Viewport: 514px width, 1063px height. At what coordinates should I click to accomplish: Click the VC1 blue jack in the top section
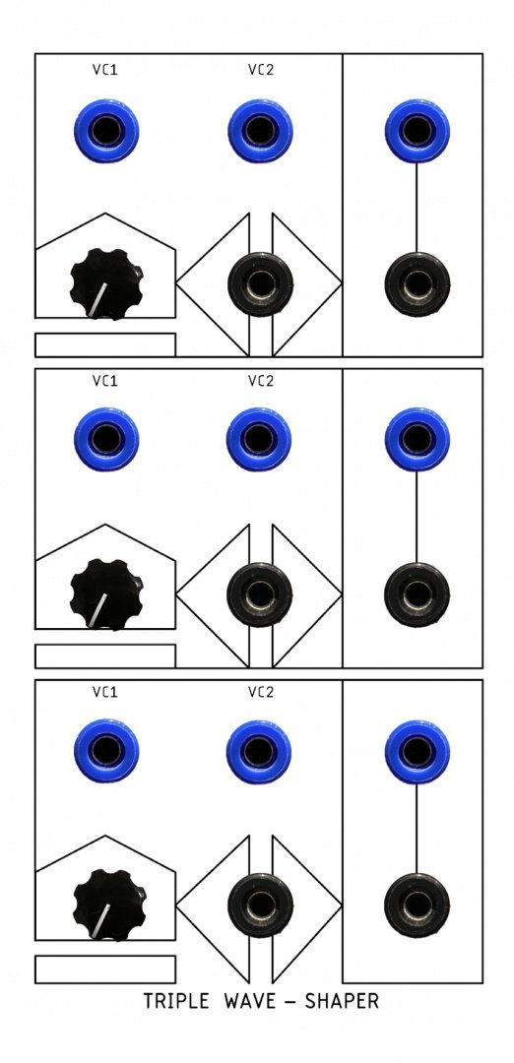[106, 131]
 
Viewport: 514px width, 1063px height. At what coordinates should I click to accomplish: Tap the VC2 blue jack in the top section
[260, 131]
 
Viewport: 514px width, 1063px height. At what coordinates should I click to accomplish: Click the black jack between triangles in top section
[260, 284]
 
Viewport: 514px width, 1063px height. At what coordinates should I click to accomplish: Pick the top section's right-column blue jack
[418, 131]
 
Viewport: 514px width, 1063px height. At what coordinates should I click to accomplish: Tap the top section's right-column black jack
[418, 284]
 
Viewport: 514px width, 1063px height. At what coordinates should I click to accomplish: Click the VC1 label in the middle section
[105, 381]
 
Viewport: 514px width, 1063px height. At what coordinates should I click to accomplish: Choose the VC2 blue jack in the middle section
[259, 439]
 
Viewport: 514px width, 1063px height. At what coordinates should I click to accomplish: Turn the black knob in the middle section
[106, 594]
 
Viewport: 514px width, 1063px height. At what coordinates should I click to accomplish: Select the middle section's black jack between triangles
[260, 594]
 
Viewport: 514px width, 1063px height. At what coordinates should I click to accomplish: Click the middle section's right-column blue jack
[418, 439]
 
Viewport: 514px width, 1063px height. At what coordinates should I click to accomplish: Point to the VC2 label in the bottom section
[260, 692]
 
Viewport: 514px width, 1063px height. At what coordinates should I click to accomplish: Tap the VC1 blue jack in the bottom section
[106, 750]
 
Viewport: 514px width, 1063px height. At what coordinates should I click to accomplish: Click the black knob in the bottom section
[108, 906]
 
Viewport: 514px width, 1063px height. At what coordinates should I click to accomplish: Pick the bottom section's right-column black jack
[418, 906]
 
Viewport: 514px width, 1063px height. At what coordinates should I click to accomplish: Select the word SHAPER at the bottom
[341, 1001]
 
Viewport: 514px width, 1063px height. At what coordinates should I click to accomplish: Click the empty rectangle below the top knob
[105, 344]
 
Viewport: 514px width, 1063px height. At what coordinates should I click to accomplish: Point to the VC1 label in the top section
[105, 69]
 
